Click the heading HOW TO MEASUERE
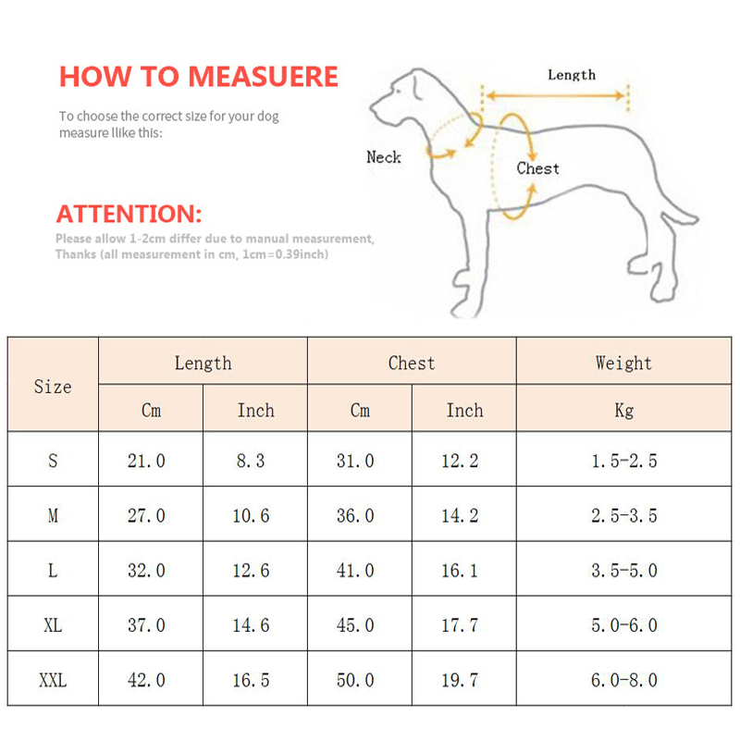tap(199, 77)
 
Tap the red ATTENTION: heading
tap(129, 215)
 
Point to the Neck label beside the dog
tap(384, 157)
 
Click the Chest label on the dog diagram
tap(537, 168)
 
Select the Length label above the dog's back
tap(572, 75)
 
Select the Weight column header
tap(623, 364)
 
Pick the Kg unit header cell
tap(623, 410)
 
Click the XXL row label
tap(53, 681)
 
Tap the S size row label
tap(53, 461)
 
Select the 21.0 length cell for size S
tap(146, 461)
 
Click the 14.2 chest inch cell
tap(460, 516)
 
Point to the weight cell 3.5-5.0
tap(623, 571)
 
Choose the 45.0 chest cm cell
tap(355, 626)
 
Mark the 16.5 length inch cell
tap(251, 681)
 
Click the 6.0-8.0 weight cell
tap(623, 681)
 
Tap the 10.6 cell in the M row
tap(251, 516)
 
